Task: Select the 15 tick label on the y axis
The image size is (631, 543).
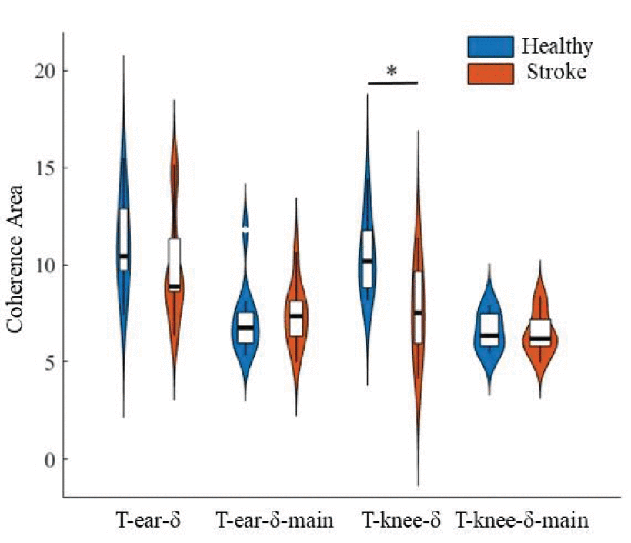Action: click(x=45, y=168)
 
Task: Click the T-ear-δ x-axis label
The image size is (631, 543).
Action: click(x=148, y=521)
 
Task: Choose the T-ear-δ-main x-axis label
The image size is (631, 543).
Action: click(x=274, y=521)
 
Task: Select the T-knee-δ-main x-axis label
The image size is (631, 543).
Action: click(x=522, y=521)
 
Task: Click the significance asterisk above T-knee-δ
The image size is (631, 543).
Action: click(x=392, y=72)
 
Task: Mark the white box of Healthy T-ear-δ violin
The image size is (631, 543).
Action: click(x=123, y=238)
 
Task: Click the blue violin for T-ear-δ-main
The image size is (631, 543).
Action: click(x=245, y=327)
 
